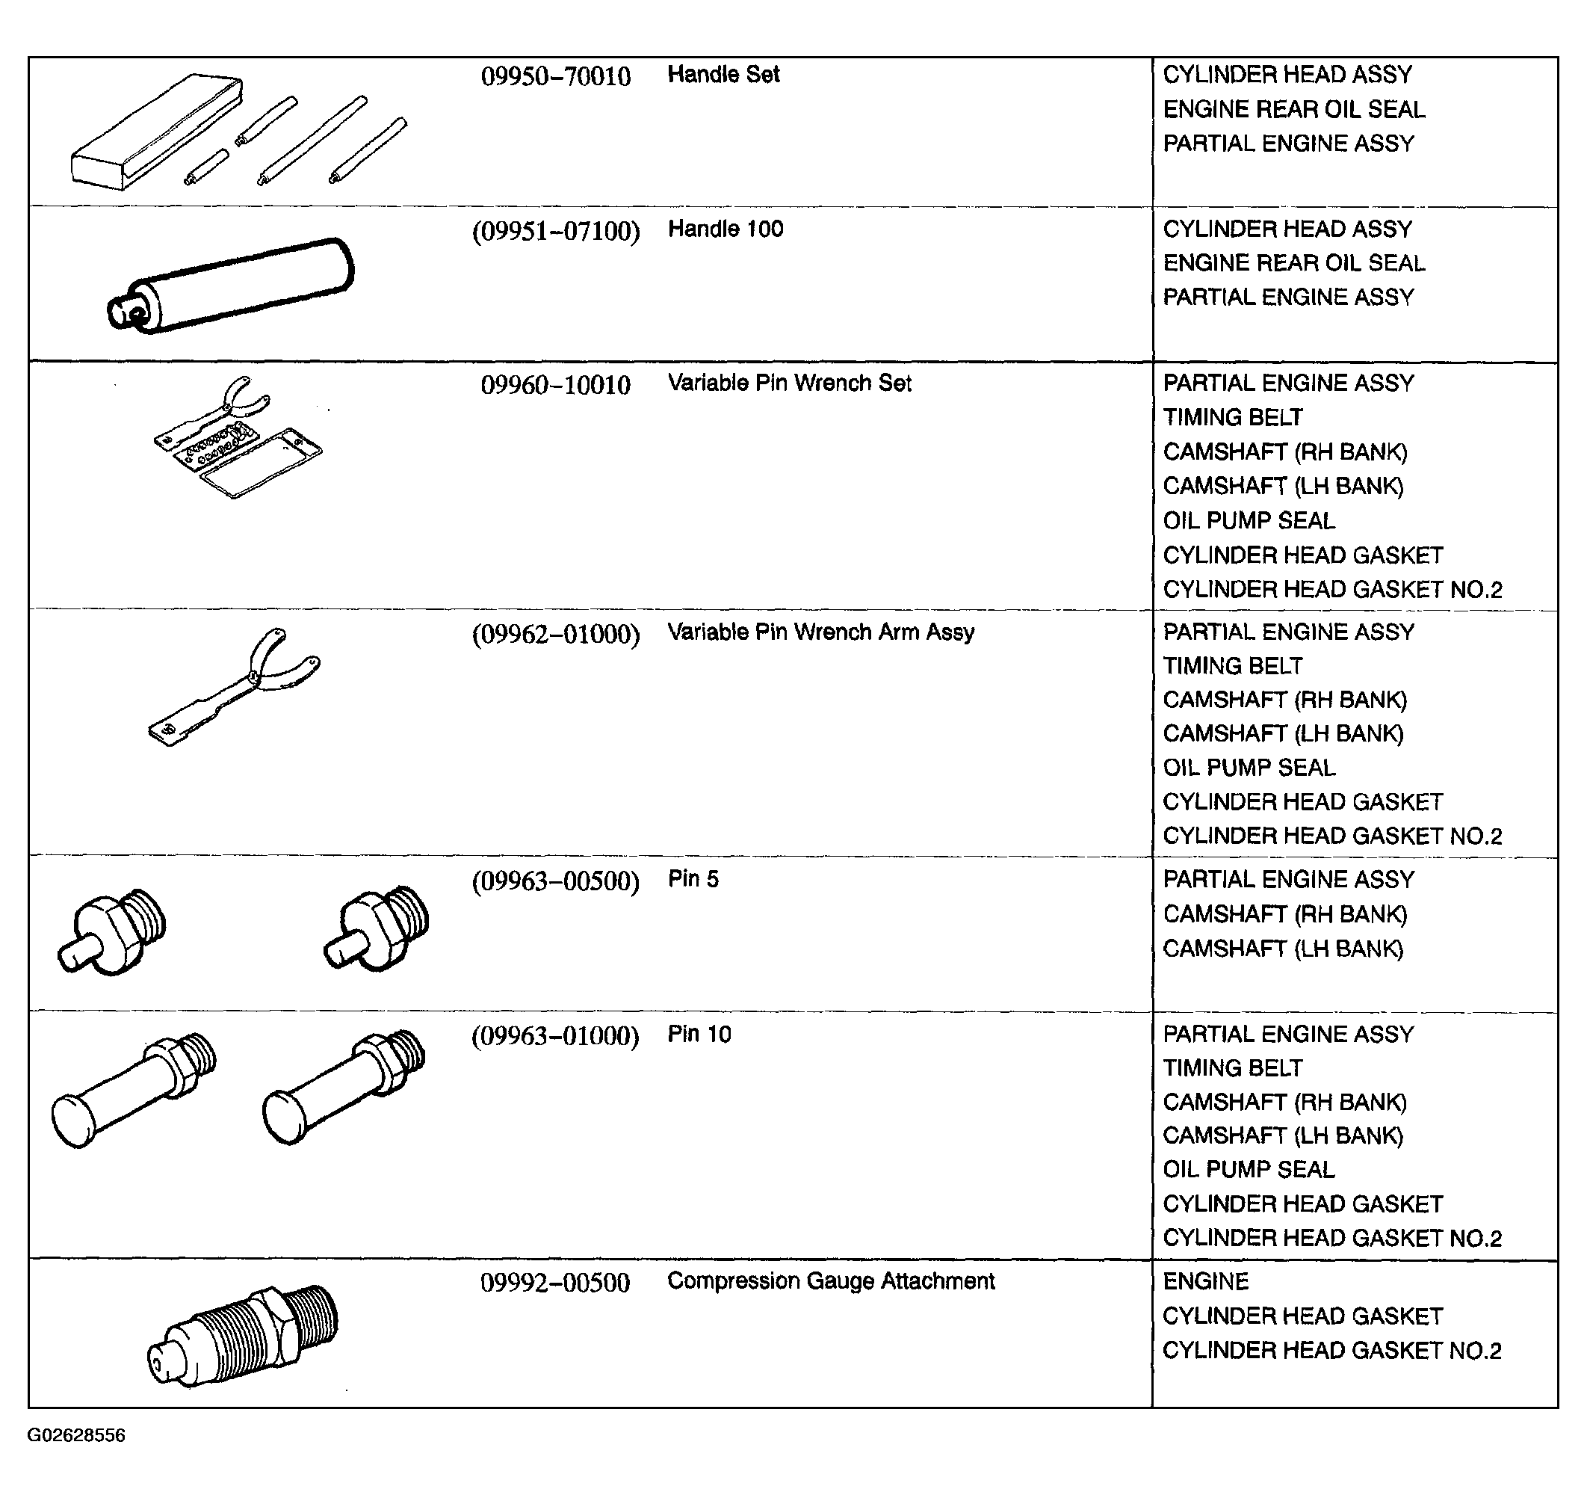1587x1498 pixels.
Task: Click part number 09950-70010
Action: coord(556,77)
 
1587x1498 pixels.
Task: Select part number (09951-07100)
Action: coord(556,232)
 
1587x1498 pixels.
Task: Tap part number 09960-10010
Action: coord(556,386)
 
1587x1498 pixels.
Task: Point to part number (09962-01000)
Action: coord(556,635)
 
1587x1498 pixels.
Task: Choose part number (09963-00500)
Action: coord(556,881)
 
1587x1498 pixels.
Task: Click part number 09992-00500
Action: coord(555,1284)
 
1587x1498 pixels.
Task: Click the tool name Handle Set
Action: coord(723,75)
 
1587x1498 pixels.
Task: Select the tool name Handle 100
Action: coord(725,229)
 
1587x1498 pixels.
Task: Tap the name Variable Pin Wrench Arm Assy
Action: coord(820,632)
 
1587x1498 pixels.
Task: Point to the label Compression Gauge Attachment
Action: coord(830,1282)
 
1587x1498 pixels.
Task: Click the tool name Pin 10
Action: coord(699,1035)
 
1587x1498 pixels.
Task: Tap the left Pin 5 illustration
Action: coord(113,932)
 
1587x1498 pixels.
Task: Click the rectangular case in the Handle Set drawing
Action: coord(155,132)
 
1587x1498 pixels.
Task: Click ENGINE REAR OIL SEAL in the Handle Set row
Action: coord(1293,109)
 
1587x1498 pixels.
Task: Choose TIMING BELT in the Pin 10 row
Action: coord(1233,1068)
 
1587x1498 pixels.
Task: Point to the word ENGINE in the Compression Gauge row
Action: coord(1205,1283)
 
